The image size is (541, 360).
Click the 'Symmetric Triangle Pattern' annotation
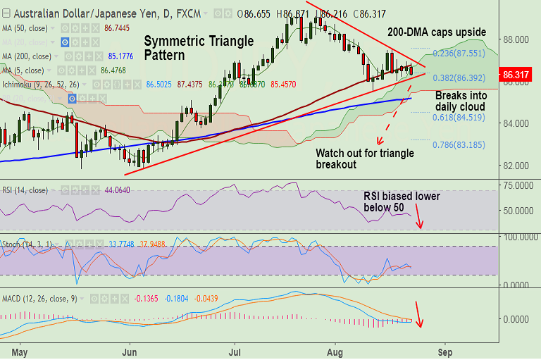[x=199, y=47]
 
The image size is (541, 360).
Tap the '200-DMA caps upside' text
[x=437, y=32]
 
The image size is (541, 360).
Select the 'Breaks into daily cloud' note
[x=460, y=101]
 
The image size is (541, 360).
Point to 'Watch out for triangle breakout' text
[x=365, y=159]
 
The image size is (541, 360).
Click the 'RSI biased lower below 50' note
[x=402, y=201]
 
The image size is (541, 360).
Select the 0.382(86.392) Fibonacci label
[x=460, y=77]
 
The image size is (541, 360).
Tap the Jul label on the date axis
[x=235, y=349]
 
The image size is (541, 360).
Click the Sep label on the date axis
[x=444, y=349]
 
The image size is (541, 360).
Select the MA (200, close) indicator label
[x=26, y=56]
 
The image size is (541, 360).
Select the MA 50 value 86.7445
[x=116, y=28]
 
